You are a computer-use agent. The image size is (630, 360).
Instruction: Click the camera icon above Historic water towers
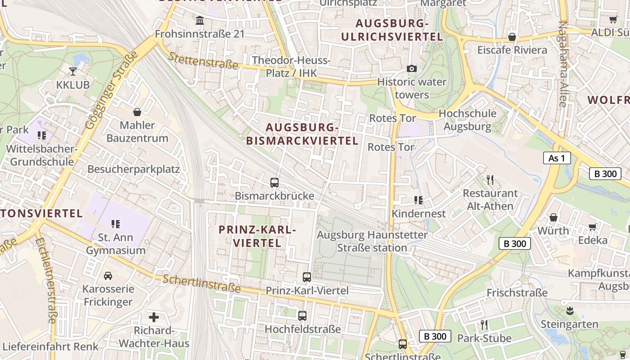click(411, 69)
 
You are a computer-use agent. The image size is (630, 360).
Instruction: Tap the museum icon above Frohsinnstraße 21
click(200, 20)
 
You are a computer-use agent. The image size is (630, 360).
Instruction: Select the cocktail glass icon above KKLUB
click(73, 71)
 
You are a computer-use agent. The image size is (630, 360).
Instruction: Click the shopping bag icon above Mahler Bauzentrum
click(137, 112)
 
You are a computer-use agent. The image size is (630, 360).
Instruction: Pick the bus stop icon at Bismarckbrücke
click(274, 183)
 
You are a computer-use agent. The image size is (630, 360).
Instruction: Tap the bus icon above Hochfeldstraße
click(302, 316)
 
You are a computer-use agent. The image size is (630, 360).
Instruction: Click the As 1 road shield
click(557, 158)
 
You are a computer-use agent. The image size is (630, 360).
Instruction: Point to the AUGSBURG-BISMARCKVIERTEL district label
click(302, 134)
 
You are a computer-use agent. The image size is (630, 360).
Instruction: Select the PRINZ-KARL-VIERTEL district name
click(257, 236)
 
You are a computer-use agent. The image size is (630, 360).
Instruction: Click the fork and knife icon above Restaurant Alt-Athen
click(490, 180)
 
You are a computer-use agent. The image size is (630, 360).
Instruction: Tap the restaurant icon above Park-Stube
click(484, 325)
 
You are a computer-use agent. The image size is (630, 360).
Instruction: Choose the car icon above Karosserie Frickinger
click(108, 275)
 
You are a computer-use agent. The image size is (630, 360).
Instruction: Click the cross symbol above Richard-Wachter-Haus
click(154, 317)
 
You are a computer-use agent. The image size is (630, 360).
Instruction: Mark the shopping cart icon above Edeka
click(593, 227)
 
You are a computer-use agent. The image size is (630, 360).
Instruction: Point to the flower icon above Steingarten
click(570, 310)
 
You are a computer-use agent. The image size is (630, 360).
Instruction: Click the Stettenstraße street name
click(203, 60)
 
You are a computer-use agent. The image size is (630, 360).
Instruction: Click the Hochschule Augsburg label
click(467, 120)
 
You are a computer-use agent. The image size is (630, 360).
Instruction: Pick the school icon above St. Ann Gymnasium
click(116, 224)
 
